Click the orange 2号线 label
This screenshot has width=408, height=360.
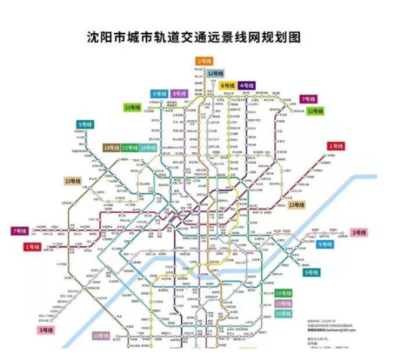[203, 61]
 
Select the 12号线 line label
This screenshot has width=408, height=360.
[215, 73]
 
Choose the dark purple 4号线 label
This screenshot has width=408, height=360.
[247, 86]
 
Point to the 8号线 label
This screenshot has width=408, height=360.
[179, 94]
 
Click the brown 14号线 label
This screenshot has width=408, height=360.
[111, 148]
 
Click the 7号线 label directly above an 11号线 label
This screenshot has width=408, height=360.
[309, 99]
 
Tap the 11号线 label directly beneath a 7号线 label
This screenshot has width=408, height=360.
[315, 111]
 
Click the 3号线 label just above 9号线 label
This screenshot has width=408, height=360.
[358, 232]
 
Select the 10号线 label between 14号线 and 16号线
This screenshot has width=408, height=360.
[130, 148]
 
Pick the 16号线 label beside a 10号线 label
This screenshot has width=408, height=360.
[148, 148]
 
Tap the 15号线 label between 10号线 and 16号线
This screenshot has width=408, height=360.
[283, 304]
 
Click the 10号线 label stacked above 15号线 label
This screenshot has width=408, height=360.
[283, 294]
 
